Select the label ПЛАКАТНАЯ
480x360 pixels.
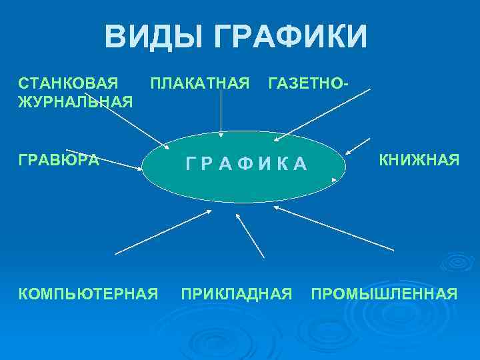(200, 83)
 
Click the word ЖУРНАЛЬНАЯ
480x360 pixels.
(75, 101)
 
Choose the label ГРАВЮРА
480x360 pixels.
(58, 160)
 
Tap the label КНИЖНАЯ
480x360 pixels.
(419, 160)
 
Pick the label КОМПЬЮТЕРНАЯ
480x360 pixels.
(87, 293)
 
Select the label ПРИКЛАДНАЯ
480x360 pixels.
(237, 293)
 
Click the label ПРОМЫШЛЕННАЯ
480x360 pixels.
(384, 293)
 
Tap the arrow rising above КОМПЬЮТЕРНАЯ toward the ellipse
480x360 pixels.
(163, 232)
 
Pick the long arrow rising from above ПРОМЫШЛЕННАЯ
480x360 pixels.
(333, 228)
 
